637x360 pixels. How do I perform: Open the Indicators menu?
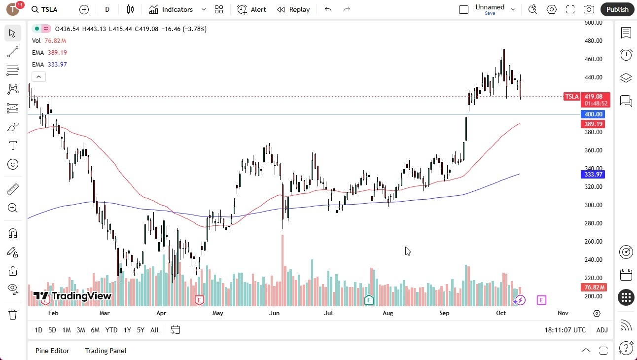177,9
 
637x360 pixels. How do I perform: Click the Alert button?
251,9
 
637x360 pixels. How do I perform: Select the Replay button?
293,9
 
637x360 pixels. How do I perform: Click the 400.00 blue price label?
593,114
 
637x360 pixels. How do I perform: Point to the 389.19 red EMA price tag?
593,124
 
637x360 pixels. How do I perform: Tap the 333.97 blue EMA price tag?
593,175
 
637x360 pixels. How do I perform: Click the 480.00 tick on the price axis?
594,41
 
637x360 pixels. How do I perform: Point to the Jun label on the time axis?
274,313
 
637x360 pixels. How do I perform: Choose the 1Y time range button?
127,330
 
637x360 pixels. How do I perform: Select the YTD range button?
111,330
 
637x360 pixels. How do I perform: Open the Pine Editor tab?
52,351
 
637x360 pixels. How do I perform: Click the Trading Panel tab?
106,351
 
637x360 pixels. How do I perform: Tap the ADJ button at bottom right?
602,330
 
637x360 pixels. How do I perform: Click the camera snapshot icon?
589,9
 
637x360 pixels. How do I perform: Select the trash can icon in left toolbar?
13,314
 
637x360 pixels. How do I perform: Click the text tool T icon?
13,145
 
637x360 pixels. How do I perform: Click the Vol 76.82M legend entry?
49,41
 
